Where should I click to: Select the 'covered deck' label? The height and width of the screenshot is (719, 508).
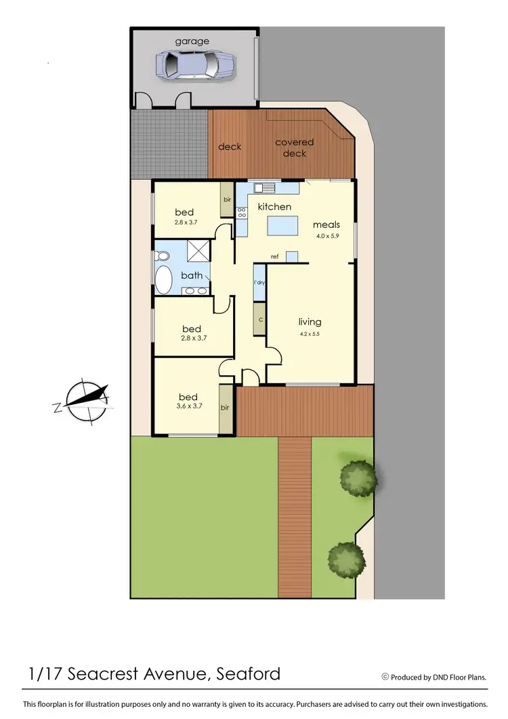pos(295,148)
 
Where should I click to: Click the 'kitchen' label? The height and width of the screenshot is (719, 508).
pos(274,206)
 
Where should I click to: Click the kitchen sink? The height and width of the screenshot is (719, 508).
pos(262,188)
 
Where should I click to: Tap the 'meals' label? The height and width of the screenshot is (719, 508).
pos(326,225)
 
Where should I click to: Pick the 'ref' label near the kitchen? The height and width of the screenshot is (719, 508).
pos(275,256)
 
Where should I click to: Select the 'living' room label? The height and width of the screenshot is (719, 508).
pos(310,322)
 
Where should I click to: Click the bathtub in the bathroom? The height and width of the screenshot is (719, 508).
pos(164,279)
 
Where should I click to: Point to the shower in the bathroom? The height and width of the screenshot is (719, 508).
pos(199,251)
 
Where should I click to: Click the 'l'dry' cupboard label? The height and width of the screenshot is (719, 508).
pos(259,282)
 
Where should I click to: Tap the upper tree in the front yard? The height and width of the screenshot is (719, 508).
pos(358,478)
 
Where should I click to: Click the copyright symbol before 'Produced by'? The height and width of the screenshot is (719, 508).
pos(385,676)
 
